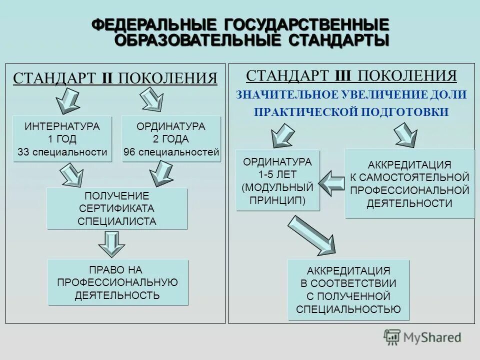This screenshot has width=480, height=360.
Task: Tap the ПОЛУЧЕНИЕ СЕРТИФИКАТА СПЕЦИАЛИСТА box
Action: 117,208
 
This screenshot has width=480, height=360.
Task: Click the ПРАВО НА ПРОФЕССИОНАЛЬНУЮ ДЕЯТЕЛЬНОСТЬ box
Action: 118,282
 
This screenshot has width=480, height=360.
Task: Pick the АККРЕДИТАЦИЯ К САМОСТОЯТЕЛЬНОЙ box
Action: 409,183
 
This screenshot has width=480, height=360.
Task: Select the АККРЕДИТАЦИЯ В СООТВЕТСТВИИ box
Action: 348,290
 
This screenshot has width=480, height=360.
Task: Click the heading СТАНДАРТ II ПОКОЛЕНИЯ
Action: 115,78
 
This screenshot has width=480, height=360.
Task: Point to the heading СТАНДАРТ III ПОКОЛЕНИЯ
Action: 351,76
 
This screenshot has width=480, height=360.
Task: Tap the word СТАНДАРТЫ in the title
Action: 338,40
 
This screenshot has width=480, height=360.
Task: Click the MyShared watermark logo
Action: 422,337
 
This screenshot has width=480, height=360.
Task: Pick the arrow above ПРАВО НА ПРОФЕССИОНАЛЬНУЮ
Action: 111,244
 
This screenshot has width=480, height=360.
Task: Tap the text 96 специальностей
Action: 171,152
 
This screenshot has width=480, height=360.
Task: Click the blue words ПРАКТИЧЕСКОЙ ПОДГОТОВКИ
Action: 351,112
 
